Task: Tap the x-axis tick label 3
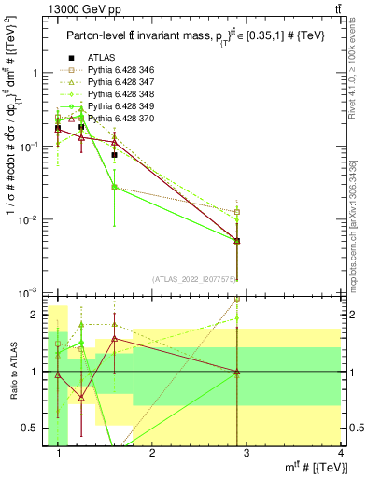click(246, 455)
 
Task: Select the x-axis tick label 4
click(340, 455)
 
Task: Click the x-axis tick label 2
click(152, 455)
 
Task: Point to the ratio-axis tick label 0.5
click(32, 428)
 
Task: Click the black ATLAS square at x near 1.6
click(114, 155)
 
